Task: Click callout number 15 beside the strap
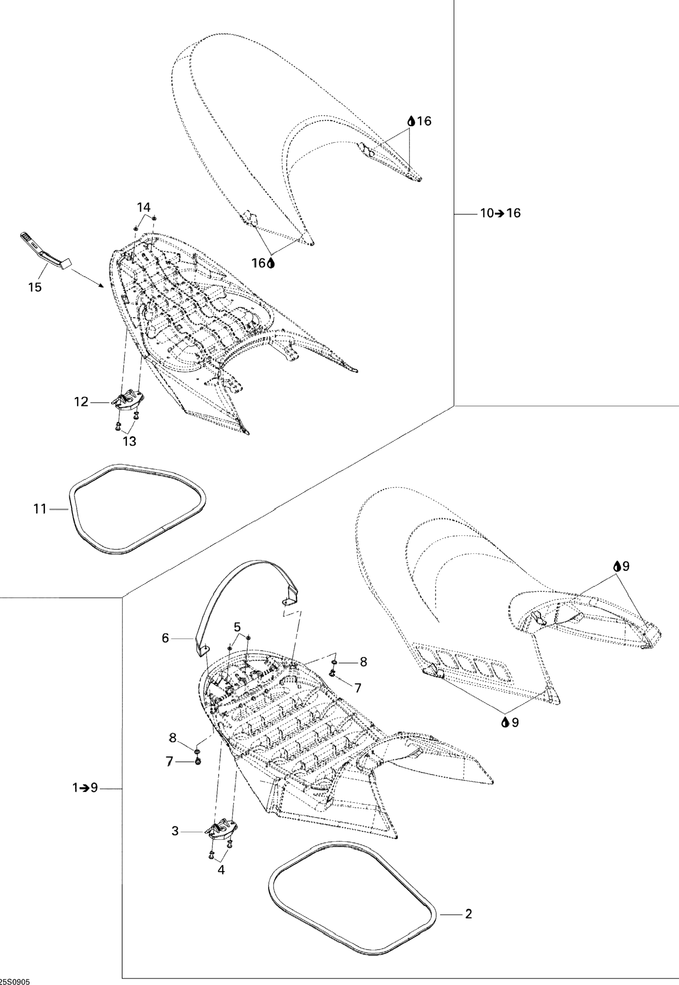pyautogui.click(x=35, y=287)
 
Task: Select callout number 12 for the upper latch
pyautogui.click(x=81, y=402)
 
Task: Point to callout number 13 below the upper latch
pyautogui.click(x=130, y=441)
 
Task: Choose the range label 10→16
pyautogui.click(x=500, y=213)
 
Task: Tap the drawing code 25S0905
pyautogui.click(x=15, y=981)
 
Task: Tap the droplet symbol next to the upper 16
pyautogui.click(x=411, y=121)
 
